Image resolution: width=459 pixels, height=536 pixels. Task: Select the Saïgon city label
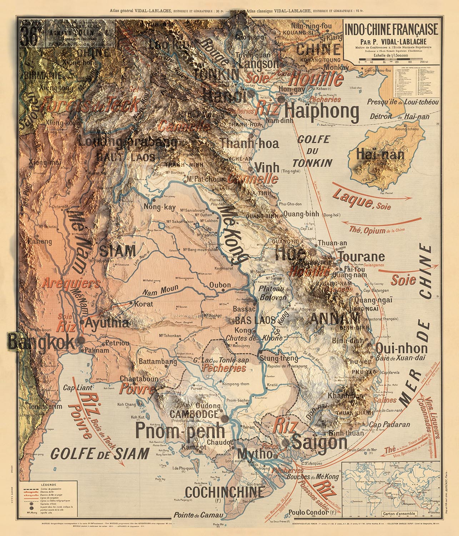pyautogui.click(x=319, y=442)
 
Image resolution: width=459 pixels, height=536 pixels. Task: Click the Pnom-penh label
pyautogui.click(x=180, y=431)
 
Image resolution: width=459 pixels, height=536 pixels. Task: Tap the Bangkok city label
pyautogui.click(x=41, y=342)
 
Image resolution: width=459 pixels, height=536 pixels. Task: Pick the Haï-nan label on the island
pyautogui.click(x=375, y=155)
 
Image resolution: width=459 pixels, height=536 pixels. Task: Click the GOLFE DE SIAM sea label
pyautogui.click(x=100, y=453)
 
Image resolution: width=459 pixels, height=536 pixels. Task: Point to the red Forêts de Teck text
pyautogui.click(x=90, y=105)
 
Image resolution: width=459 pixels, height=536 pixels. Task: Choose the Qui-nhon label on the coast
pyautogui.click(x=401, y=348)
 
